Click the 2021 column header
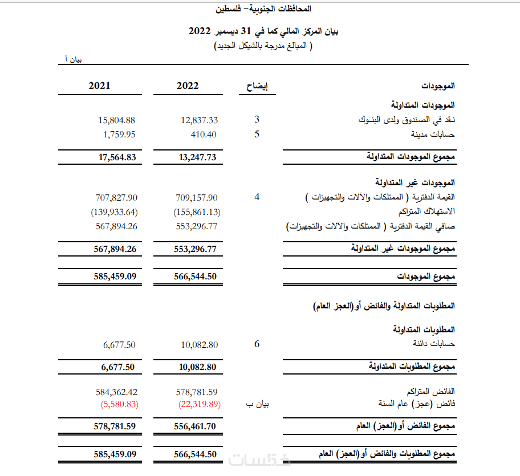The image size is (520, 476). coord(99,86)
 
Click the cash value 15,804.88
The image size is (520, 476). coord(116,120)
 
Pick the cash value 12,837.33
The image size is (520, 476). coord(199,120)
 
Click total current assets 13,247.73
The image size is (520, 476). coord(197,158)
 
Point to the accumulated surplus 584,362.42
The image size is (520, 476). coord(116,392)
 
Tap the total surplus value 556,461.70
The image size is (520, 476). coord(197,426)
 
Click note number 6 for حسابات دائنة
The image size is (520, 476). coord(257,344)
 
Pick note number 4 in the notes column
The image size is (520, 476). coord(257,197)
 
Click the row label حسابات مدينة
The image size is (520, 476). coord(433,135)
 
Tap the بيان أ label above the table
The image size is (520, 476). coord(72,59)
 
